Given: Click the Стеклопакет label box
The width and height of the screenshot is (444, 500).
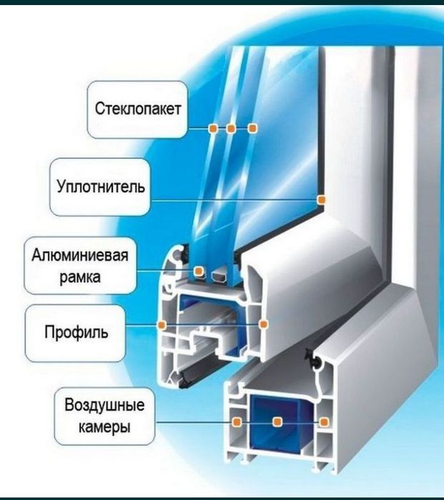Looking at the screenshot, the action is tap(137, 109).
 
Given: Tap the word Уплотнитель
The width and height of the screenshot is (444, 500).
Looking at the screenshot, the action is tap(101, 186).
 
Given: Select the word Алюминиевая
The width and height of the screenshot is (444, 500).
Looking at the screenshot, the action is tap(80, 255).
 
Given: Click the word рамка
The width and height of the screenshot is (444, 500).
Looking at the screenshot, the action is tap(80, 277).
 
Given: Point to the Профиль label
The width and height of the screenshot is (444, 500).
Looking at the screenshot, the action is tap(77, 332).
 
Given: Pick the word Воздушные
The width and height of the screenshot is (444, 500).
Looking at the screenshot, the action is tap(104, 405).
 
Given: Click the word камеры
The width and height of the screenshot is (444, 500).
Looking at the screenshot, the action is tap(104, 426).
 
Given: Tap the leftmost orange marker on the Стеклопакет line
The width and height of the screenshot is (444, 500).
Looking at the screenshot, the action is tap(213, 129).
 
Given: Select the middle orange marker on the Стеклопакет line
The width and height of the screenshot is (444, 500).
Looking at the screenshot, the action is tap(231, 129).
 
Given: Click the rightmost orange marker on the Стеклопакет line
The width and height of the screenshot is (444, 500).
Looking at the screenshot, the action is tap(252, 128).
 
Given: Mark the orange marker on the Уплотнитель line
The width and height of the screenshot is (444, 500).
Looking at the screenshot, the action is tap(321, 200).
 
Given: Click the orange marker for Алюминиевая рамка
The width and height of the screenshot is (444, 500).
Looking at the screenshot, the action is tap(199, 271).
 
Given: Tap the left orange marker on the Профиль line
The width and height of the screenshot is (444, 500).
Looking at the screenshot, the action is tap(162, 325).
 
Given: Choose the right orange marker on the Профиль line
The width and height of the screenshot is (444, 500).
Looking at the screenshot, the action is tap(263, 324).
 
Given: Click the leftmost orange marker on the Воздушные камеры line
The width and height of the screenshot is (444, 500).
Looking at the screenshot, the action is tap(237, 422).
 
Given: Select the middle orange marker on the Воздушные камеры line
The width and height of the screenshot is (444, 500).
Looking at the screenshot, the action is tap(277, 422).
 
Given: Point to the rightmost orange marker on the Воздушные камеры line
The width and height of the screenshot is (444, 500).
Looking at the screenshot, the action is tap(324, 422).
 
